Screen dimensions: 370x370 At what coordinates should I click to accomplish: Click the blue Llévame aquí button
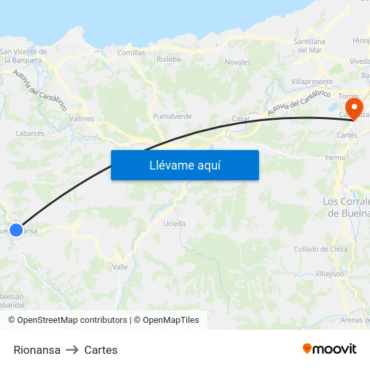click(x=184, y=165)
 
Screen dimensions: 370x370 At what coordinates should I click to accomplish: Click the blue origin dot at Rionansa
click(x=16, y=229)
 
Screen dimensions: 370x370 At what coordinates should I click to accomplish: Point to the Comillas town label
click(x=131, y=52)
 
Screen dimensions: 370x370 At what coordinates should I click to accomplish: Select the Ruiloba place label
click(x=169, y=59)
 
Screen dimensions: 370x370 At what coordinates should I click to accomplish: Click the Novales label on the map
click(x=237, y=63)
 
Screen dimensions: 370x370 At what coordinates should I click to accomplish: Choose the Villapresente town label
click(x=312, y=81)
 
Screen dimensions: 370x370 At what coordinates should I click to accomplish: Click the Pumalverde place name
click(x=172, y=116)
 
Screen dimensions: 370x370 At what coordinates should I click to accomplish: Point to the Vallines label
click(x=82, y=118)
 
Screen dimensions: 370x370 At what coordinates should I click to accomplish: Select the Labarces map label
click(x=30, y=134)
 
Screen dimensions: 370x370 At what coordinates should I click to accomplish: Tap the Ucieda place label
click(x=174, y=223)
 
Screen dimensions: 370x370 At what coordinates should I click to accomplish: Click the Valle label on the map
click(x=120, y=267)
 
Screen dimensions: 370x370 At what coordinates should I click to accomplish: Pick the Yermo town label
click(x=334, y=157)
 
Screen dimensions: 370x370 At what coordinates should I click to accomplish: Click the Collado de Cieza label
click(x=320, y=249)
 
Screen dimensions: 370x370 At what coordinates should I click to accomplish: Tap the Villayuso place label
click(x=330, y=274)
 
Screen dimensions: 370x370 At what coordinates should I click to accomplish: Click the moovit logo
click(x=330, y=348)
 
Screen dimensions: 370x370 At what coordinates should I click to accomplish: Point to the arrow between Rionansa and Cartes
click(x=72, y=350)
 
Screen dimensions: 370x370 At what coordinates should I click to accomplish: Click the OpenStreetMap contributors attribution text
click(x=67, y=320)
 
